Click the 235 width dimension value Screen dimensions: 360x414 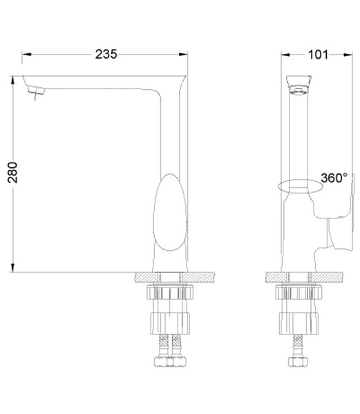106,54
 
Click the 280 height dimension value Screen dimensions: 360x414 12,173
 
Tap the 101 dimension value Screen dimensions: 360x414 318,55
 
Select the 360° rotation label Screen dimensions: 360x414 334,178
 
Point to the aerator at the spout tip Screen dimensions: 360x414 36,90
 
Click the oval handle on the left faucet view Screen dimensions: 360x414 170,212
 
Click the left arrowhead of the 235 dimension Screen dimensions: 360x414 26,55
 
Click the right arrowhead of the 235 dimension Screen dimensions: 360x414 183,55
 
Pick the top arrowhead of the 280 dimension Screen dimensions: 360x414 12,81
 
